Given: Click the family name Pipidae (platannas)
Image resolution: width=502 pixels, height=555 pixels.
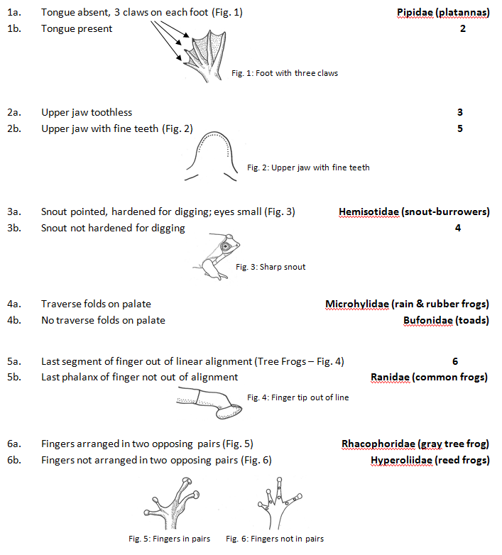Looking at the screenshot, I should coord(443,13).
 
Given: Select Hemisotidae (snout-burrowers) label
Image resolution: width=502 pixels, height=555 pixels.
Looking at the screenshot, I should coord(414,211).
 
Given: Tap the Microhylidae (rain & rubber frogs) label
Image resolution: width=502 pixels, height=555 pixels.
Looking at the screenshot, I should coord(407,304).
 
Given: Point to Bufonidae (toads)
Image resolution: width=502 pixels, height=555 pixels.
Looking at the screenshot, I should coord(446,320).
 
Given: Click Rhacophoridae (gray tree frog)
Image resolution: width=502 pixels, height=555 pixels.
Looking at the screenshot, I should coord(415,444).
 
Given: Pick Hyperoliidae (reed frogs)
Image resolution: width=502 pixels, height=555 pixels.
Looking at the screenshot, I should coord(430,461).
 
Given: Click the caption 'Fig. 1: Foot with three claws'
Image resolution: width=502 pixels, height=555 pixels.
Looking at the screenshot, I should coord(285,73).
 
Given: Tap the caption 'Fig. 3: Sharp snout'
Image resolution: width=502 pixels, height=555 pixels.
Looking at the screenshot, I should coord(270,267).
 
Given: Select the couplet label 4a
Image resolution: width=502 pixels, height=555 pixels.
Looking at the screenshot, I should coord(14,304).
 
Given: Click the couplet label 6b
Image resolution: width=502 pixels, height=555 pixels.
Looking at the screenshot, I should coord(14,461).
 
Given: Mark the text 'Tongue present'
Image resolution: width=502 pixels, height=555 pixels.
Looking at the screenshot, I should coord(77,29).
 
